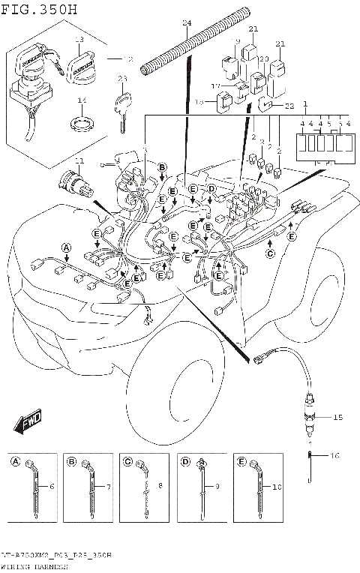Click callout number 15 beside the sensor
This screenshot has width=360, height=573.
coord(337,417)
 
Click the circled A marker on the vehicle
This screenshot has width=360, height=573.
coord(65,247)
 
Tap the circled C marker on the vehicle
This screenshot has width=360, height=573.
coord(271,253)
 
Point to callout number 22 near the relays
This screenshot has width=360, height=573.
coord(289,107)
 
